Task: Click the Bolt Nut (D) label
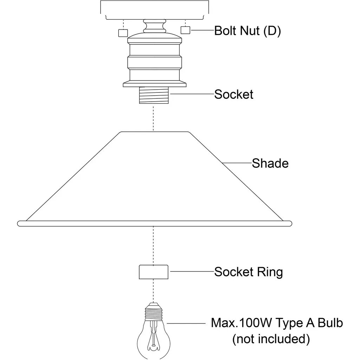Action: pos(247,31)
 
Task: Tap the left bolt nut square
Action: pos(123,33)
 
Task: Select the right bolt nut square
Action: pos(185,30)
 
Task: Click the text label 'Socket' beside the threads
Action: pos(234,94)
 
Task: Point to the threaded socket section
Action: pos(153,95)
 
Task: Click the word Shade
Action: pos(270,163)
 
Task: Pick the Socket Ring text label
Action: pos(249,272)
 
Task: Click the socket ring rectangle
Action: pos(153,272)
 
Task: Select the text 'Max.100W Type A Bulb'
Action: pos(277,323)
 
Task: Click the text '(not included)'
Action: pos(271,339)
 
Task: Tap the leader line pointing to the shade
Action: pos(237,163)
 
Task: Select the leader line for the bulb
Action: pos(186,323)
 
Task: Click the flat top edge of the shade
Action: pos(155,132)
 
